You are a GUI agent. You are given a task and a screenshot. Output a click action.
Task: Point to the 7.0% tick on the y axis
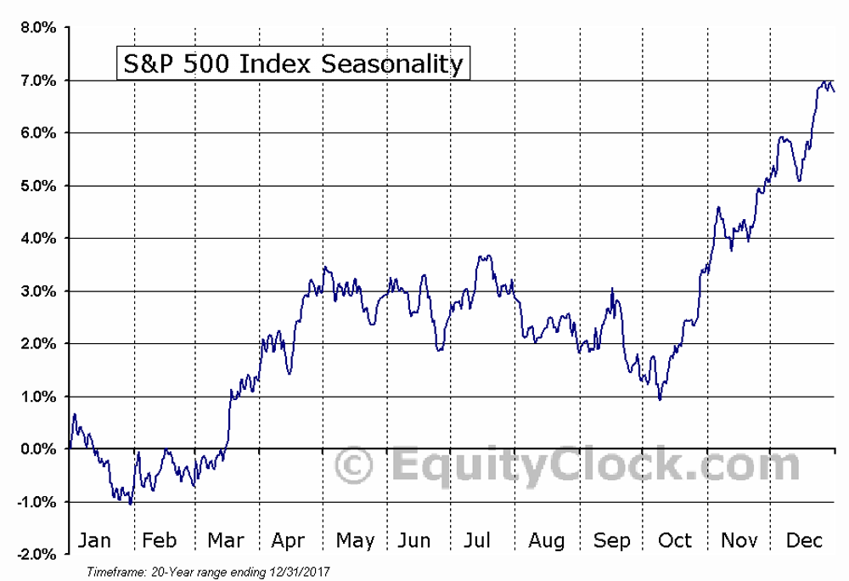coord(38,81)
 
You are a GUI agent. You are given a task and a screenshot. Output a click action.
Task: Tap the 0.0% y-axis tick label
coord(38,449)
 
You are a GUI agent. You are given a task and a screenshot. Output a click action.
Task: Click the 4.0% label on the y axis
coord(38,239)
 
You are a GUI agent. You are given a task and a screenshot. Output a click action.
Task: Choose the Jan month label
coord(94,541)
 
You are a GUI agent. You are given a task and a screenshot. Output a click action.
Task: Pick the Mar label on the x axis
coord(226,541)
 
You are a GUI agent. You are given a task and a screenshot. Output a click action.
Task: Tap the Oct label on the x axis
coord(675,541)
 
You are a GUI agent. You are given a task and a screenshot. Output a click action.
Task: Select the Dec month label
coord(801,541)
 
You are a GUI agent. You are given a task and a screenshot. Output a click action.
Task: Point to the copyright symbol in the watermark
coord(354,466)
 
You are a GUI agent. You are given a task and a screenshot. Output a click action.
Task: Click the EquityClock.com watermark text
coord(594,466)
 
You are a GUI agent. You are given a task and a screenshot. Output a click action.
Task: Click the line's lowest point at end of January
coord(131,504)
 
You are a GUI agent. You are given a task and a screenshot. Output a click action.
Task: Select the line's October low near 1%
coord(660,399)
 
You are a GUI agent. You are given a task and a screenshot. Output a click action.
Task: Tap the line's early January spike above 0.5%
coord(75,415)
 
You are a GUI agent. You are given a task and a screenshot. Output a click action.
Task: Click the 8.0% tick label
coord(38,28)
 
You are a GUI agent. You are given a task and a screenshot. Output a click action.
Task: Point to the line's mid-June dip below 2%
coord(439,349)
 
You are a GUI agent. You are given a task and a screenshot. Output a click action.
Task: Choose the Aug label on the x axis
coord(546,541)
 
